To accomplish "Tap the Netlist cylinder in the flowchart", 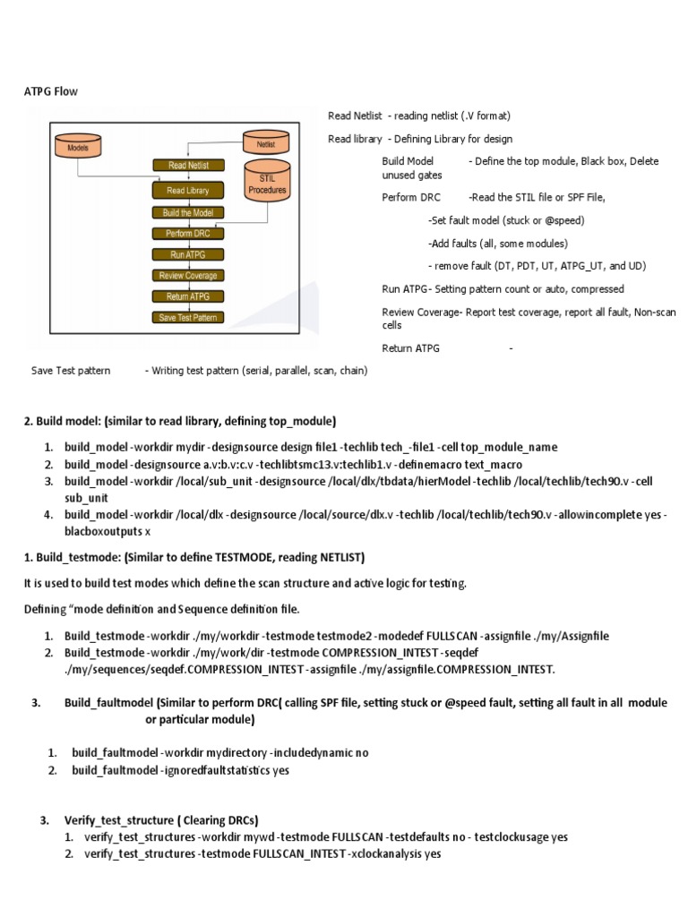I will point(266,143).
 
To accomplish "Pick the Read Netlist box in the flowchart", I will point(189,165).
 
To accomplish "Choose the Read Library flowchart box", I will point(188,191).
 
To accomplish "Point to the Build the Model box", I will point(188,213).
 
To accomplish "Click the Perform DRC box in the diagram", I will point(188,234).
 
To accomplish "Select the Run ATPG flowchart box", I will point(188,254).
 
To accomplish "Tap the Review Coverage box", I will point(188,276).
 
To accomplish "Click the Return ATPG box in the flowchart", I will point(188,296).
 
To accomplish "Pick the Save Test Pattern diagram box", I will point(188,317).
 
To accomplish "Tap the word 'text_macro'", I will point(493,465).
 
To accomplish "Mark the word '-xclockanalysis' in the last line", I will point(384,854).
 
